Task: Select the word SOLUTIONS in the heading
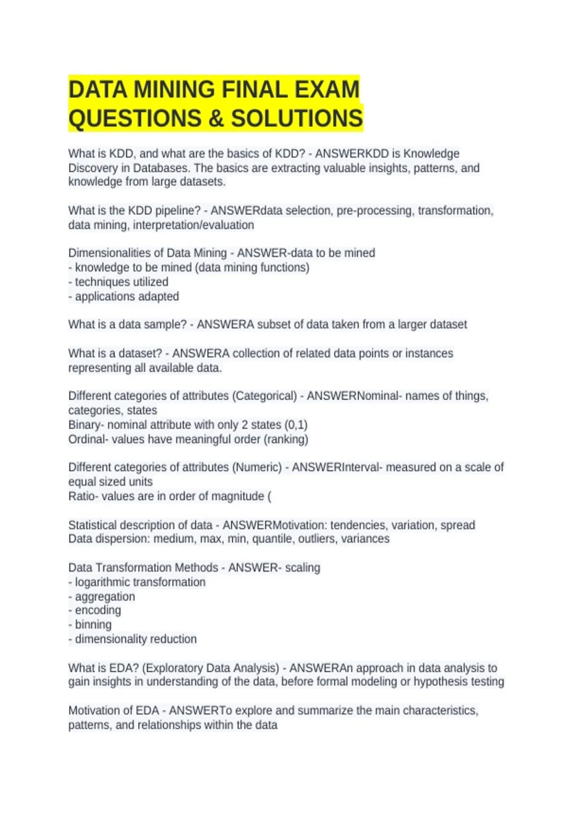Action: coord(297,119)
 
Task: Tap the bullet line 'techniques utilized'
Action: coord(121,282)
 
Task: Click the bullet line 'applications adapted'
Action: coord(126,296)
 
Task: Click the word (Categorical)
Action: coord(264,396)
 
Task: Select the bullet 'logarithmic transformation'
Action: coord(140,582)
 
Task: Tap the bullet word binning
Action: coord(93,625)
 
